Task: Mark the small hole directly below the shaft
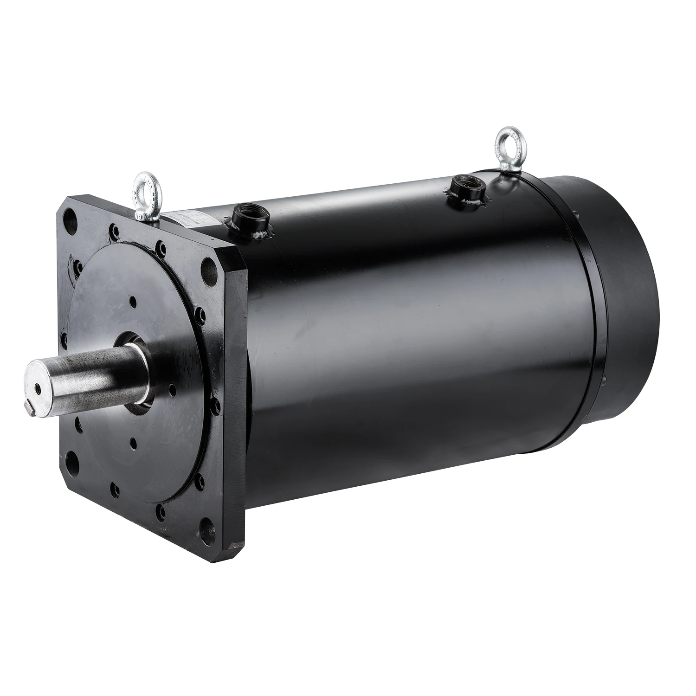coord(133,443)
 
